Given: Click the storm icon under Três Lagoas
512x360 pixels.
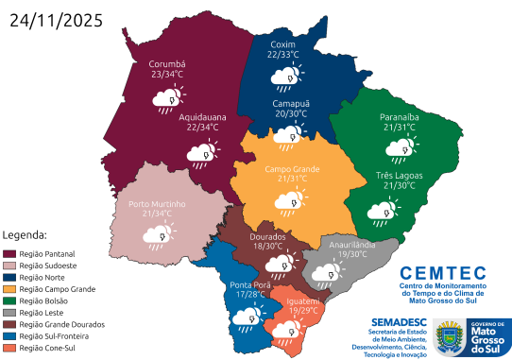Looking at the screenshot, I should pyautogui.click(x=385, y=214).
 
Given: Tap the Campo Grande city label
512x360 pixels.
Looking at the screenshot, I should pyautogui.click(x=292, y=168).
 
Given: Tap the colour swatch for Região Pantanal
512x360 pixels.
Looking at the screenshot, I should pyautogui.click(x=10, y=253).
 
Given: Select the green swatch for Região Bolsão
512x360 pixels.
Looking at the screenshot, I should pyautogui.click(x=10, y=300).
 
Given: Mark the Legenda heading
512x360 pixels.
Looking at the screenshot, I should pyautogui.click(x=26, y=233).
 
